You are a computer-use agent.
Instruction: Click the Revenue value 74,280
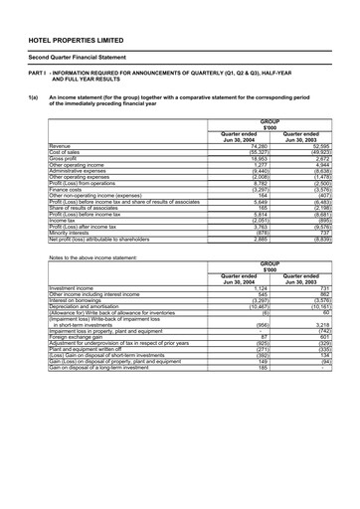255,146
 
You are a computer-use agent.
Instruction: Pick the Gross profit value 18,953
255,158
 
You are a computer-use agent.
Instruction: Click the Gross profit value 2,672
320,158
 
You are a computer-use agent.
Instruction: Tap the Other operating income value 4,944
320,165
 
